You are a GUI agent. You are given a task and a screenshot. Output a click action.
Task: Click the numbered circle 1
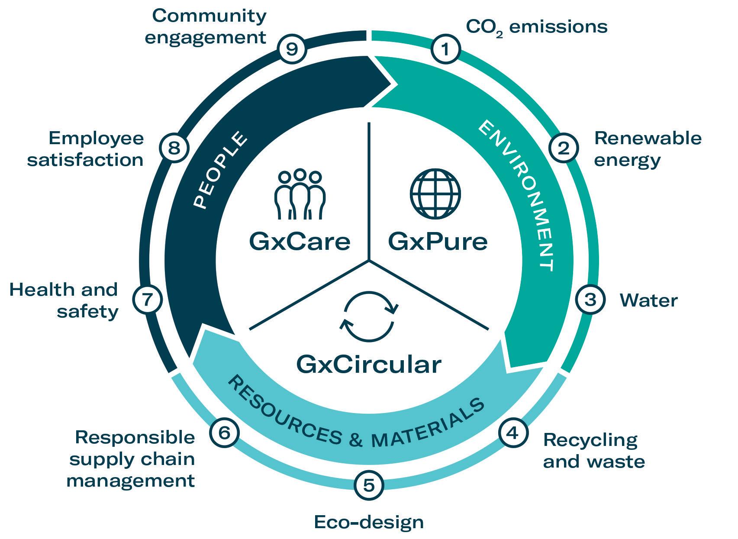point(445,50)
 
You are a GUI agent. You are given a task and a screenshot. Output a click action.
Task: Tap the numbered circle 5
point(369,485)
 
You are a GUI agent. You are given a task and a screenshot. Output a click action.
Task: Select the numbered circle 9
point(292,49)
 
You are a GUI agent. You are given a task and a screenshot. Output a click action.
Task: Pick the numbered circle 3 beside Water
point(590,300)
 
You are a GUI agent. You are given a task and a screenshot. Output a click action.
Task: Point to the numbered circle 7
point(148,299)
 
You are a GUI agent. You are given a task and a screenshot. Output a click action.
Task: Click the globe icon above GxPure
point(435,194)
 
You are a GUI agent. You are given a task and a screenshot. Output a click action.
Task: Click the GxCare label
point(300,241)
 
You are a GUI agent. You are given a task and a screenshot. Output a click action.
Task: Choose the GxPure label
point(438,241)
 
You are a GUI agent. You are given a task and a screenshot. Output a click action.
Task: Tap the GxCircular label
point(369,364)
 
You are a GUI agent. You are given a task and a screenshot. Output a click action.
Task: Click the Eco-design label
point(369,522)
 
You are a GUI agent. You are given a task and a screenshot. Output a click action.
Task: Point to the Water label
point(648,300)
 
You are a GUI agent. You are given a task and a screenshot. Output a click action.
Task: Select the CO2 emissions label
point(537,27)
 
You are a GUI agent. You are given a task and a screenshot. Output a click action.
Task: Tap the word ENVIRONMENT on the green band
point(516,195)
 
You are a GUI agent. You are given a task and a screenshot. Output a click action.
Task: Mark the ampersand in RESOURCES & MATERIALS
point(355,440)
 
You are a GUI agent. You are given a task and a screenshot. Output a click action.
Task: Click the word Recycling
point(590,440)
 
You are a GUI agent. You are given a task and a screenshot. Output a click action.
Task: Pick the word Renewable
point(648,138)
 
